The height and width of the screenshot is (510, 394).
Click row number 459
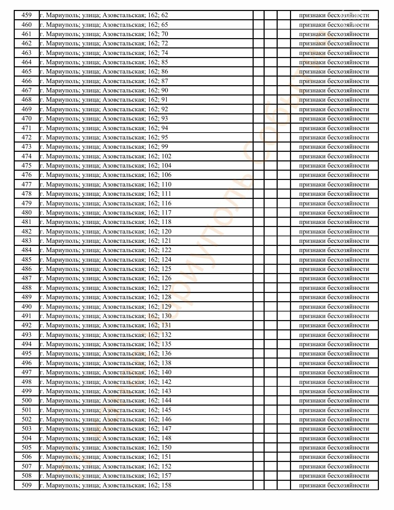[x=26, y=15]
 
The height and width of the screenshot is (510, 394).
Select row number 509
[x=26, y=485]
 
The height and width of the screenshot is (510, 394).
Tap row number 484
[x=26, y=250]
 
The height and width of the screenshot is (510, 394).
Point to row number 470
[x=26, y=118]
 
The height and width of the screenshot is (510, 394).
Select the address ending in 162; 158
[x=105, y=485]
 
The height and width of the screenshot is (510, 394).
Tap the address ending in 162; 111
[x=105, y=194]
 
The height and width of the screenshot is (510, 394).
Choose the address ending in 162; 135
[x=105, y=344]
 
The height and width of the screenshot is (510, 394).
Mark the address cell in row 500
[x=105, y=400]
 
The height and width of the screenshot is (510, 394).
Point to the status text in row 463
[x=334, y=53]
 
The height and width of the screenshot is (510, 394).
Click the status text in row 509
[x=334, y=485]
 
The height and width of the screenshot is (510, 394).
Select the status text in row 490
[x=334, y=307]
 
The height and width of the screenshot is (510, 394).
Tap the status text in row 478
[x=334, y=194]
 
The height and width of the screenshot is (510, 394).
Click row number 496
[x=26, y=363]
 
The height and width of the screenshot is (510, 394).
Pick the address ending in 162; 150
[x=105, y=447]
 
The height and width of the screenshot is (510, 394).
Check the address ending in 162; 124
[x=105, y=260]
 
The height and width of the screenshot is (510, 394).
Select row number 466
[x=26, y=81]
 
